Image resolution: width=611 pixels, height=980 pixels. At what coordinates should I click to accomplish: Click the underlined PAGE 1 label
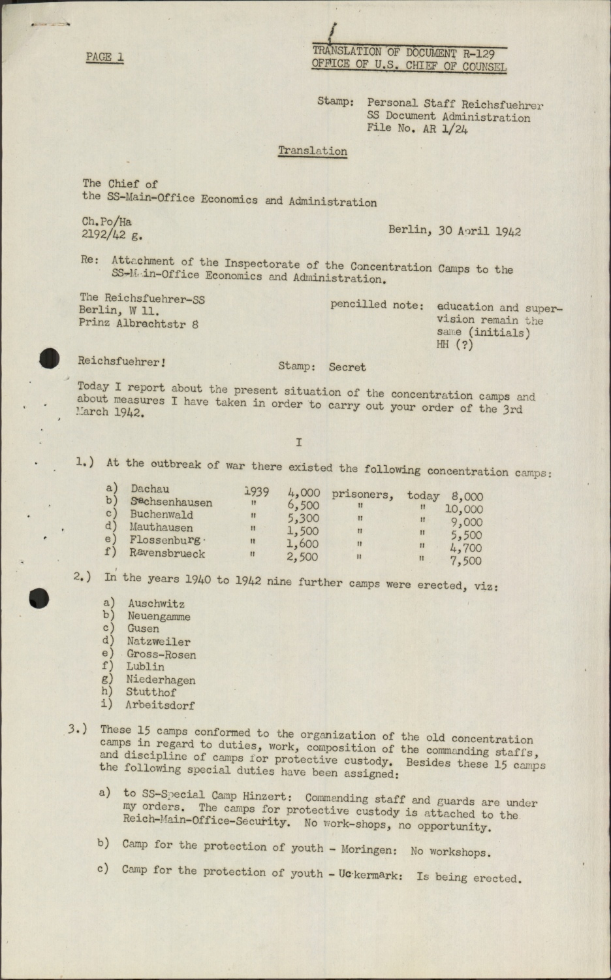[104, 57]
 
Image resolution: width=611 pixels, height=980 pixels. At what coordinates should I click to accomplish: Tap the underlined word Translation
[312, 151]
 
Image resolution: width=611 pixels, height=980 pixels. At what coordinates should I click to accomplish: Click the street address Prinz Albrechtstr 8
[138, 323]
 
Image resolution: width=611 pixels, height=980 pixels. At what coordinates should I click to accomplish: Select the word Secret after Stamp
[347, 367]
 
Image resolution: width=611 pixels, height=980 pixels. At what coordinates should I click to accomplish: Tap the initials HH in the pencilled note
[444, 345]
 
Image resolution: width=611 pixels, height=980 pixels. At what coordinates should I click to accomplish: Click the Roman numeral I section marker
[298, 442]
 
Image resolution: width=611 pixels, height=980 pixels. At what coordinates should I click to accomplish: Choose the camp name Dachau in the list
[149, 489]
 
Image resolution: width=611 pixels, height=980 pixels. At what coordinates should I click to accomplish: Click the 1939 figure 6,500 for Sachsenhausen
[303, 506]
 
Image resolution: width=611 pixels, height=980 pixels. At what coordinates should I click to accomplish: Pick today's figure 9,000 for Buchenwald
[466, 522]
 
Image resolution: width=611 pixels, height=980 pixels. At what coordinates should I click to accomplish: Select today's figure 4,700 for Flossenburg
[466, 548]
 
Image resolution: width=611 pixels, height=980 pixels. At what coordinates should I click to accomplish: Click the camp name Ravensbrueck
[167, 553]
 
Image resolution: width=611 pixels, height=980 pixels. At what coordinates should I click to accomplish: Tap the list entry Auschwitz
[156, 604]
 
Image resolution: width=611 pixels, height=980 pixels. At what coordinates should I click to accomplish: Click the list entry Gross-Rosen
[161, 655]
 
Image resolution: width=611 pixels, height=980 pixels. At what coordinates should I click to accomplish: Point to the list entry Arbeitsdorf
[161, 705]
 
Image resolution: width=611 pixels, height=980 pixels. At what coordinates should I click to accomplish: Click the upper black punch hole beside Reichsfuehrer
[48, 358]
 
